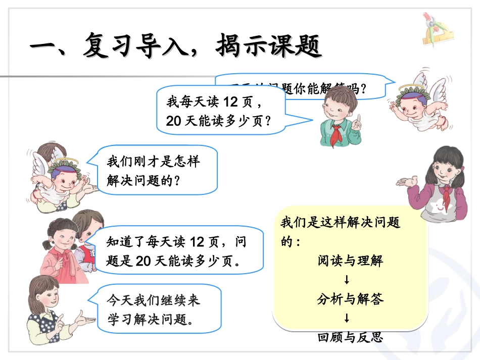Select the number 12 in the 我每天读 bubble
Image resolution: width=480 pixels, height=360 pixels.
230,102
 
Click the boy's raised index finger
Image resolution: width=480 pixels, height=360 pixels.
358,119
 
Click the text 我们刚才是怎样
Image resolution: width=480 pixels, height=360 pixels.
153,162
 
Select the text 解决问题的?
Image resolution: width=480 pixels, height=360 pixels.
143,181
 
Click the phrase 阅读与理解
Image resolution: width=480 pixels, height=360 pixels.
350,261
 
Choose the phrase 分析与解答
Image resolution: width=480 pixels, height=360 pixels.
350,299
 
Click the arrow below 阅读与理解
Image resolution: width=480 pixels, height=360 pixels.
347,280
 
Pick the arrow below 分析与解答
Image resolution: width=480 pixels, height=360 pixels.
347,318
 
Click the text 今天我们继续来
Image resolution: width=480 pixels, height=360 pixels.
153,300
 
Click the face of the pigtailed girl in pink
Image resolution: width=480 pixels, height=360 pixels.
62,236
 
